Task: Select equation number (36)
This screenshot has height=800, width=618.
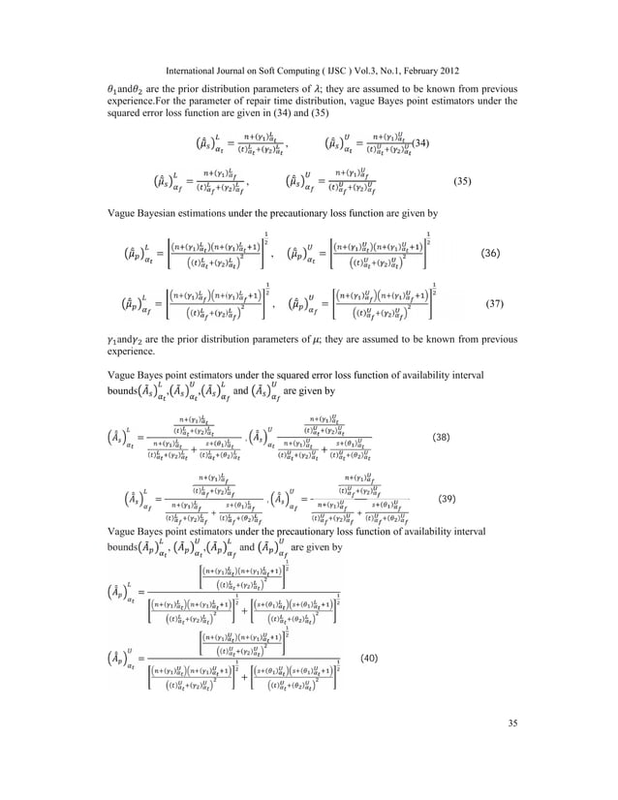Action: click(518, 254)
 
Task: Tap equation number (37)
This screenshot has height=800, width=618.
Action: click(518, 303)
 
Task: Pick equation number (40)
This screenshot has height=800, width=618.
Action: click(369, 658)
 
